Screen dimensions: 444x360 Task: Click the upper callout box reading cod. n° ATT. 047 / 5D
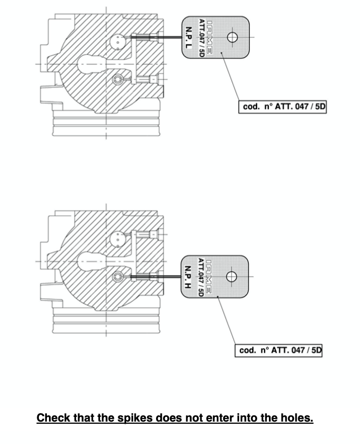click(283, 107)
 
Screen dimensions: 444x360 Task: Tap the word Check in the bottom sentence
click(53, 417)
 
